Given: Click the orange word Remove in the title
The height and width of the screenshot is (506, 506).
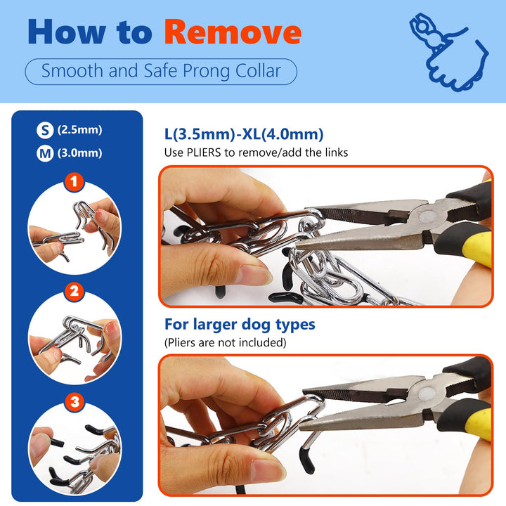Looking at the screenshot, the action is (x=233, y=32).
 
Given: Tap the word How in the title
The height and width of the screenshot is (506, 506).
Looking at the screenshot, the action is (x=67, y=32).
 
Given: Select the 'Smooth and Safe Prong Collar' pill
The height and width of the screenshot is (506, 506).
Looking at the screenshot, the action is (x=161, y=71).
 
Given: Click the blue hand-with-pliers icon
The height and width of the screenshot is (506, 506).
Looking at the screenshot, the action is (x=449, y=52).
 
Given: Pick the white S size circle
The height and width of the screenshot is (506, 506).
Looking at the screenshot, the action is (x=45, y=130).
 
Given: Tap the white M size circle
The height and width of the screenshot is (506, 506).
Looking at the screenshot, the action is (x=45, y=153).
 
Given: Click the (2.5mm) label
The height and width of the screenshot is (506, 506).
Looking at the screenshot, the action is (x=79, y=130).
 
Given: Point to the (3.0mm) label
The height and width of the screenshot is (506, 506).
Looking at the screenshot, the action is (x=79, y=153).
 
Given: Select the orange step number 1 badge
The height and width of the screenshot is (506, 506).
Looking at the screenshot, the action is (x=74, y=182).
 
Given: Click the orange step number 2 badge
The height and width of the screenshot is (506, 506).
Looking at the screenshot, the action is (x=74, y=292).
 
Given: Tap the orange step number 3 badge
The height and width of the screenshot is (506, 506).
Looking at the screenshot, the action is (x=74, y=402).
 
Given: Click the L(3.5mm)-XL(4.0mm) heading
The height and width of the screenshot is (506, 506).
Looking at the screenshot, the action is (x=244, y=134).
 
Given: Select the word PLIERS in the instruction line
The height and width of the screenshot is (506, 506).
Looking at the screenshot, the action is (x=204, y=153).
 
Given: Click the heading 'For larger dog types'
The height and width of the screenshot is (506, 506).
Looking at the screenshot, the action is (x=240, y=325).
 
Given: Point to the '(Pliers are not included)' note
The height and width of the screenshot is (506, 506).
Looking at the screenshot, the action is (x=226, y=342).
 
